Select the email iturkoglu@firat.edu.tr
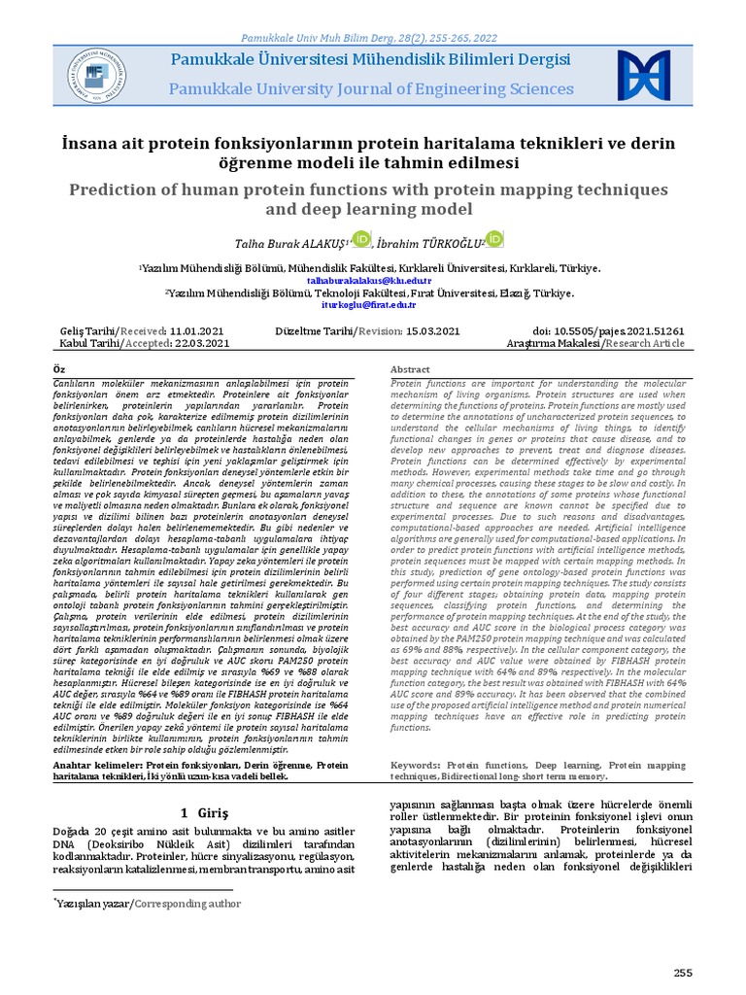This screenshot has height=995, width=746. pos(368,304)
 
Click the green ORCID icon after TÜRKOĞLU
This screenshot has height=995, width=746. pos(493,239)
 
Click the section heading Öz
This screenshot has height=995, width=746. pos(59,370)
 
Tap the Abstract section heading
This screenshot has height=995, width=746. pos(410,370)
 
